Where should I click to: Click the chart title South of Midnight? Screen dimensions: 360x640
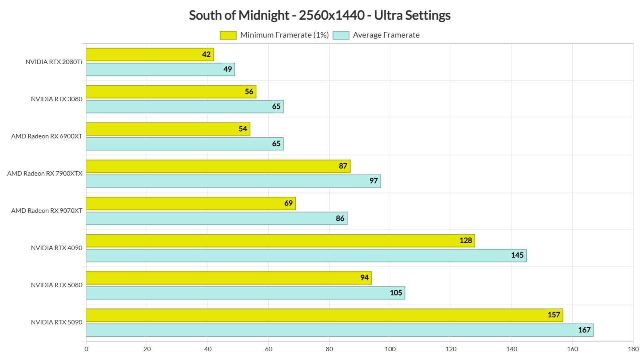point(320,15)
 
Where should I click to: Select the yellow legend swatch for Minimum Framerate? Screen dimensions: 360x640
point(228,35)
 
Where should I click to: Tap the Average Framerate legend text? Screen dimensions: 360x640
point(386,35)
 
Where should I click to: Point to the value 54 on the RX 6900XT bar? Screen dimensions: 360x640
point(243,129)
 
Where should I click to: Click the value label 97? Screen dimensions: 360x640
point(374,181)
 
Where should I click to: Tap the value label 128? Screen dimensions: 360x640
point(466,240)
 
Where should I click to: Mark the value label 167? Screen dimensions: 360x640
point(584,330)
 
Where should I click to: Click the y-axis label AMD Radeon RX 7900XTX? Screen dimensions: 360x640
point(45,174)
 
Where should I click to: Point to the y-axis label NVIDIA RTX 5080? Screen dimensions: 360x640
point(56,285)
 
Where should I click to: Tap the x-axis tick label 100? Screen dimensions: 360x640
point(390,349)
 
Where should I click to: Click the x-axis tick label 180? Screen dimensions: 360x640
point(633,349)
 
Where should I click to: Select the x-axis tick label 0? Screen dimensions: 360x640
point(86,349)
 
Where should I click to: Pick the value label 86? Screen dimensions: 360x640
point(340,218)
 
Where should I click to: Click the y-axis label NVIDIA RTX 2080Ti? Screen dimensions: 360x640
point(54,62)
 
